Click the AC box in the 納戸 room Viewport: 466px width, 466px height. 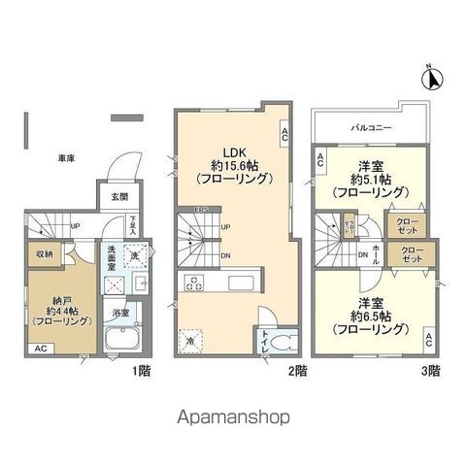pyautogui.click(x=40, y=348)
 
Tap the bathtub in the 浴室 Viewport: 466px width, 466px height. pyautogui.click(x=123, y=343)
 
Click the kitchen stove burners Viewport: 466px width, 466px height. pyautogui.click(x=193, y=283)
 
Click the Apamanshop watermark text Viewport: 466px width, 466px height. pyautogui.click(x=232, y=416)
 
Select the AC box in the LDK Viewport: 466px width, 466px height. pyautogui.click(x=283, y=135)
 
